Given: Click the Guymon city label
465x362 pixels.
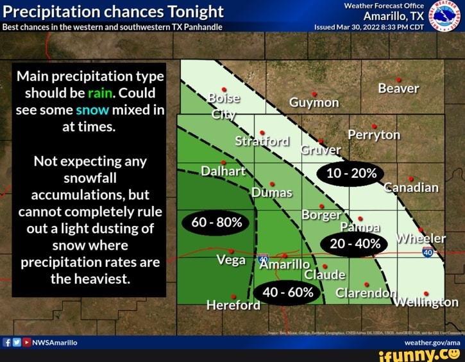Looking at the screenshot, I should pyautogui.click(x=314, y=103).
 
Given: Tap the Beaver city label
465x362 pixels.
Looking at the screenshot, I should pyautogui.click(x=398, y=88).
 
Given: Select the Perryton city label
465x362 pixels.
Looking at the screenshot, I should pyautogui.click(x=374, y=135).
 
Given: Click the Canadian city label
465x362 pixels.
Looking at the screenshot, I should pyautogui.click(x=410, y=187).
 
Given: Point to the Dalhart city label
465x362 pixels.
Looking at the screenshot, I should pyautogui.click(x=223, y=171).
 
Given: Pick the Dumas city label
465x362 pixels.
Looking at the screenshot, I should pyautogui.click(x=271, y=192).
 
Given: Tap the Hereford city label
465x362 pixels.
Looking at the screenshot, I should pyautogui.click(x=233, y=305).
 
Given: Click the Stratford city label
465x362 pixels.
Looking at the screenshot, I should pyautogui.click(x=262, y=141).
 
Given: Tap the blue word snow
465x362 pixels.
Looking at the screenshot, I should pyautogui.click(x=92, y=109).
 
